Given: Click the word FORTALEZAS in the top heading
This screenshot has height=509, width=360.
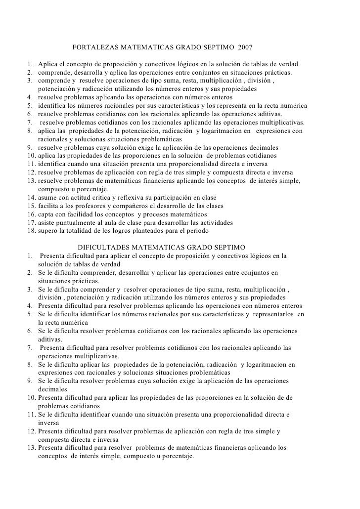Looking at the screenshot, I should [x=91, y=49].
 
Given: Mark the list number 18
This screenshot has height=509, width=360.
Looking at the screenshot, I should [x=30, y=231].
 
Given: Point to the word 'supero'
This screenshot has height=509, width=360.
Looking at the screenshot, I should [x=47, y=231].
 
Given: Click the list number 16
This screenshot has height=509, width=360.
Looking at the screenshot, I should [x=30, y=214].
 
